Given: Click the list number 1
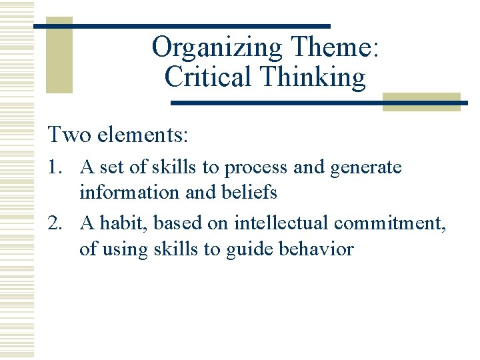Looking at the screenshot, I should click(x=55, y=167).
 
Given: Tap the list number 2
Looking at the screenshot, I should click(x=55, y=223).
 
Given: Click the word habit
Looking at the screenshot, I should click(x=121, y=223).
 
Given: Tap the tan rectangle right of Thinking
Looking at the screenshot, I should click(x=421, y=101).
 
